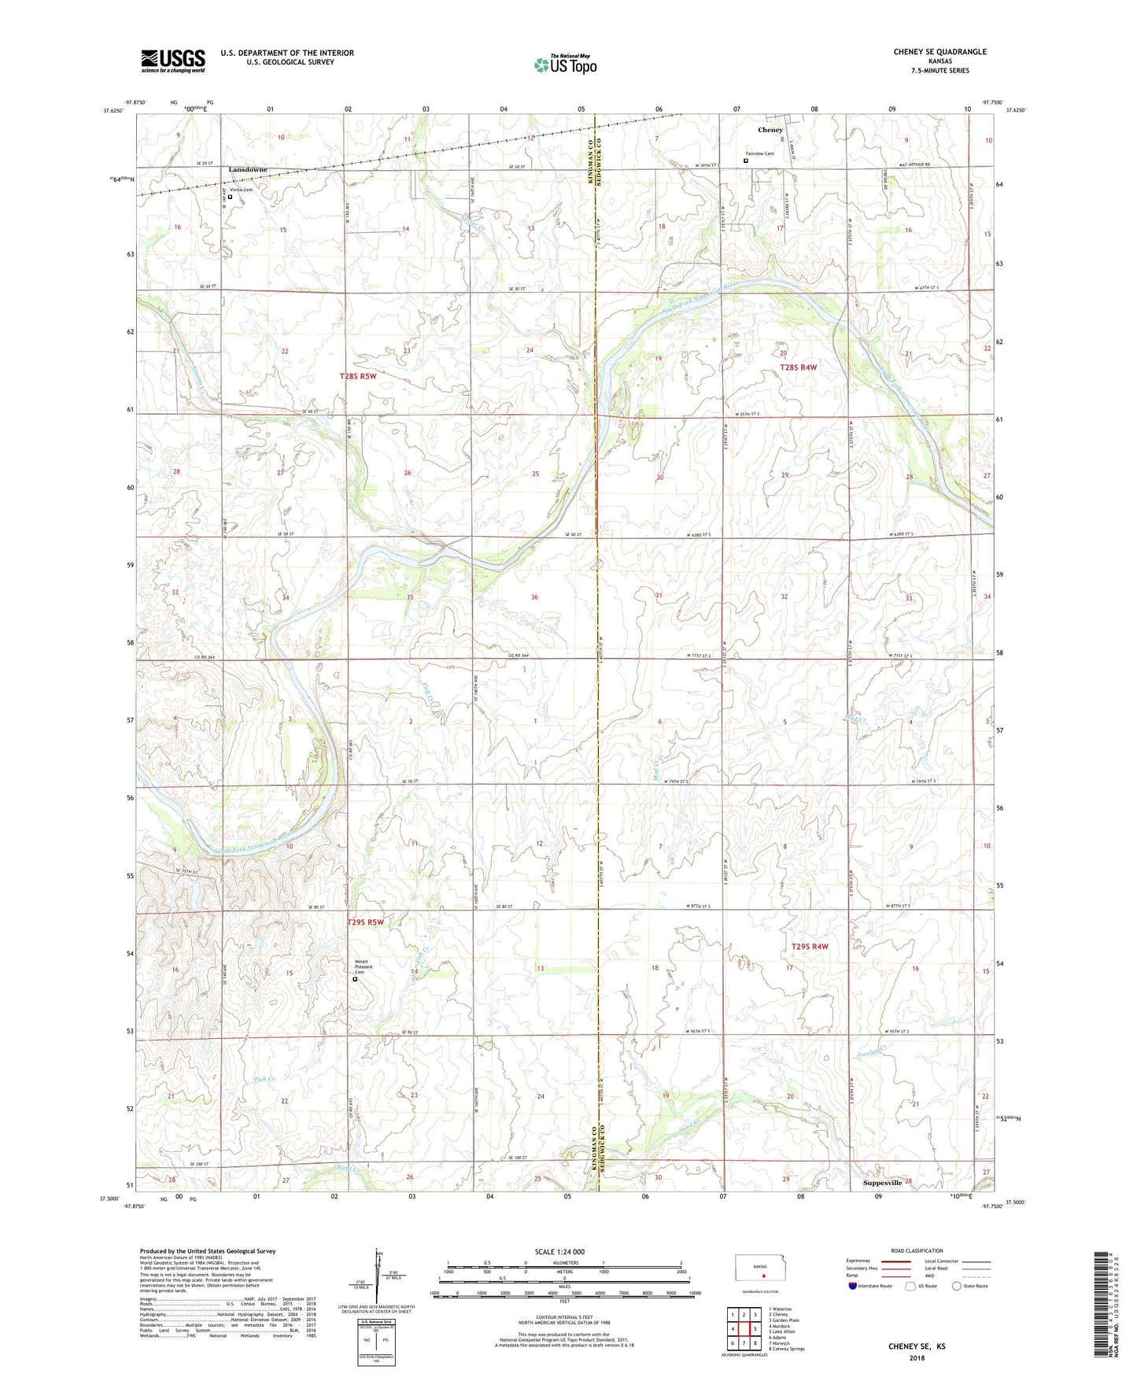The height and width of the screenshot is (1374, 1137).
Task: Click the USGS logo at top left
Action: tap(173, 61)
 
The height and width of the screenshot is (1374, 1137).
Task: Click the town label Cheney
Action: tap(770, 130)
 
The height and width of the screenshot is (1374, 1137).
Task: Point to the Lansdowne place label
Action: tap(248, 170)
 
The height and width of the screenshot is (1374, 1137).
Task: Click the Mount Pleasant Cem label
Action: tap(362, 967)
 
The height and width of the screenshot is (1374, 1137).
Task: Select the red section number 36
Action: tap(534, 597)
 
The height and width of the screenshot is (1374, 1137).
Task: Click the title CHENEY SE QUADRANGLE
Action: tap(940, 52)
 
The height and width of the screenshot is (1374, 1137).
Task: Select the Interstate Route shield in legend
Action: tap(853, 1287)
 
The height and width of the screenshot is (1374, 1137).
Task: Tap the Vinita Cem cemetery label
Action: tap(241, 190)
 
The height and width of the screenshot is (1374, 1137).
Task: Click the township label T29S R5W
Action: tap(365, 923)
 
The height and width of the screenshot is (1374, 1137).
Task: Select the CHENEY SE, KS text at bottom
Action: tap(917, 1346)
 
